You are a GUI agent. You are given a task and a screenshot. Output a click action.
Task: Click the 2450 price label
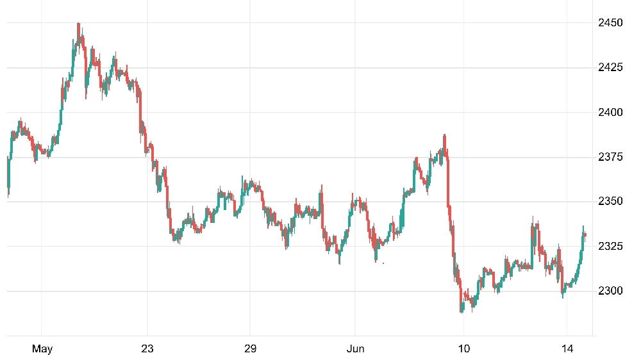610,22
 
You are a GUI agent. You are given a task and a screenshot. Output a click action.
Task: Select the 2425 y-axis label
610,67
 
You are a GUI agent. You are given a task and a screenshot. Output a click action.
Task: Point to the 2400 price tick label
610,112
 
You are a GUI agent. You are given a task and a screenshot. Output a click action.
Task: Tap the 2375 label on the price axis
610,156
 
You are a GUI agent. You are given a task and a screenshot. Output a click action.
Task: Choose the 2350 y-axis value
610,201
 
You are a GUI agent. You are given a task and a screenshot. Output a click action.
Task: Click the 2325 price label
610,246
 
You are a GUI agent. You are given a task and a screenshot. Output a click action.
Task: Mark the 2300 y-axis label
610,291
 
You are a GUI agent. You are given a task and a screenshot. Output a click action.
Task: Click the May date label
42,348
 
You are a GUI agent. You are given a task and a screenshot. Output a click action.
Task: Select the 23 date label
147,348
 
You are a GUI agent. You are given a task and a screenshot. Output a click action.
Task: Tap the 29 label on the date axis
250,348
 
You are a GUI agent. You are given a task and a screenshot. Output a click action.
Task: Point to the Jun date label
355,348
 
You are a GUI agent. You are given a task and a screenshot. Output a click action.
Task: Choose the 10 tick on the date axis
464,348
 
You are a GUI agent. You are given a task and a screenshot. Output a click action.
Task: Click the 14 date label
567,348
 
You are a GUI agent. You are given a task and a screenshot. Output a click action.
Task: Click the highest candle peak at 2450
78,24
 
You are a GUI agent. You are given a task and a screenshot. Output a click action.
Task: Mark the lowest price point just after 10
462,313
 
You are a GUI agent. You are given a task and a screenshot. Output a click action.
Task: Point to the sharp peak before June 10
444,135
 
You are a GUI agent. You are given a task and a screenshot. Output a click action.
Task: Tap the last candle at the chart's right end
585,235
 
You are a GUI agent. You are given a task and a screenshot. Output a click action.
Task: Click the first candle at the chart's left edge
8,176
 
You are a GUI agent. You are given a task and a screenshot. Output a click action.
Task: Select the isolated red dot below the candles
383,263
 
